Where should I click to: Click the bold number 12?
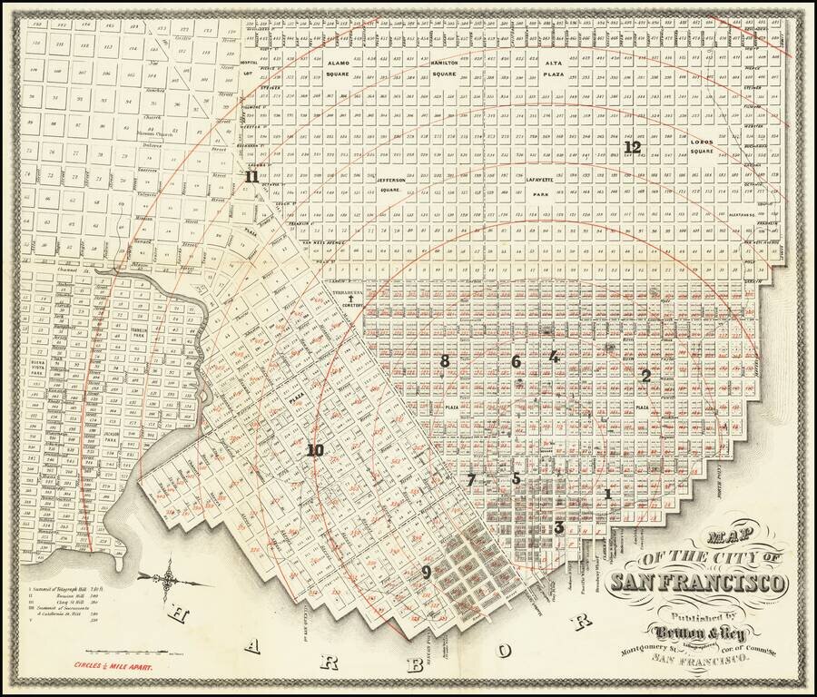click(x=633, y=147)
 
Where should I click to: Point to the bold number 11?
click(x=251, y=177)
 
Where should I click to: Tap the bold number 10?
click(x=315, y=450)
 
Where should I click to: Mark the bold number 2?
click(x=645, y=375)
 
